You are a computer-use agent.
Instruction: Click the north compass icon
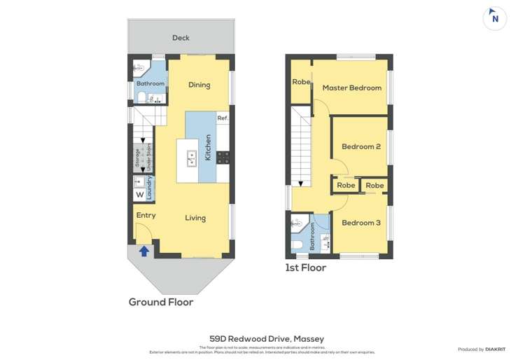pos(495,18)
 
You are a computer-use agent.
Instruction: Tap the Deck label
pos(181,38)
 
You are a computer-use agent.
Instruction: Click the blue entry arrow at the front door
pos(144,250)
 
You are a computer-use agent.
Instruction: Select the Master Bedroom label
pos(351,88)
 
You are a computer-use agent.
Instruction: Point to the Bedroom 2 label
pos(360,146)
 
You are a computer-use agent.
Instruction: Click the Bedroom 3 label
pos(360,223)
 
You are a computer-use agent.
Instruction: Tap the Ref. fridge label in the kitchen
pos(223,118)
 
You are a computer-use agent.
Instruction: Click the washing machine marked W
pos(139,195)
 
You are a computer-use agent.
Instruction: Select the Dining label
pos(199,85)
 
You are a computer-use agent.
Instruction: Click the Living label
pos(195,218)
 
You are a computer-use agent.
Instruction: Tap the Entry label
pos(146,215)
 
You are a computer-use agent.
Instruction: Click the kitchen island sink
pos(190,159)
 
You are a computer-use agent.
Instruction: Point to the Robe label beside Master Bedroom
pos(301,82)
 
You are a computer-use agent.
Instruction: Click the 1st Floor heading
pos(305,267)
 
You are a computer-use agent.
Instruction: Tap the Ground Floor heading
pos(160,302)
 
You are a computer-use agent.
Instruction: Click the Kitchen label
pos(208,148)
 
